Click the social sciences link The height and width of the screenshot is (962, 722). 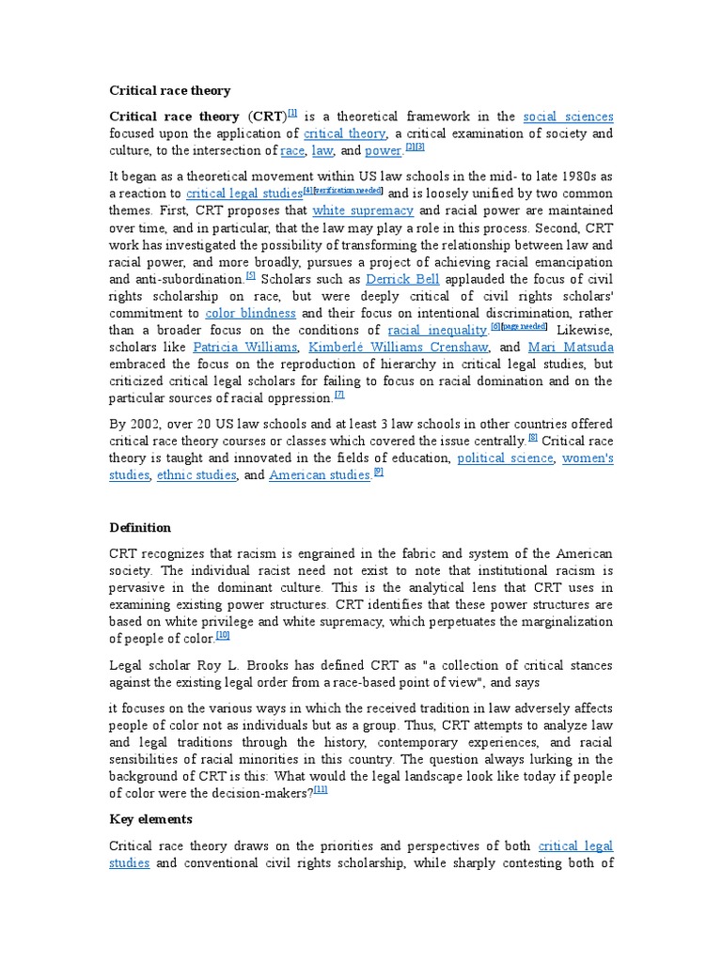pyautogui.click(x=568, y=116)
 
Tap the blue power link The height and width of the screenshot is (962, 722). pyautogui.click(x=383, y=150)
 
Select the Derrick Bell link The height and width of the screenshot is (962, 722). pyautogui.click(x=401, y=279)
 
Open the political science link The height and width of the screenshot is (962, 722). pyautogui.click(x=506, y=458)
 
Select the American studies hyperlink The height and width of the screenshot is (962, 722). pyautogui.click(x=320, y=475)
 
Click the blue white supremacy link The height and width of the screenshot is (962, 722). pyautogui.click(x=363, y=210)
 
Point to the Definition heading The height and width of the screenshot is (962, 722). pyautogui.click(x=140, y=527)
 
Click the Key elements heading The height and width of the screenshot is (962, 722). pyautogui.click(x=150, y=819)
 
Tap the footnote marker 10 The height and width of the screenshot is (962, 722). pyautogui.click(x=223, y=635)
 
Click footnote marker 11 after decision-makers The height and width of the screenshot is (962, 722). pyautogui.click(x=321, y=789)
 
